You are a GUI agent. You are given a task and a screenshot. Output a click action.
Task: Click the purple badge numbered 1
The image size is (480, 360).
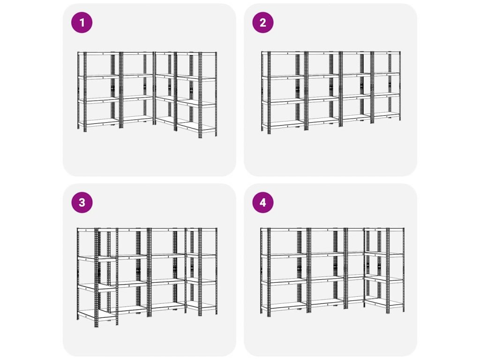[82, 22]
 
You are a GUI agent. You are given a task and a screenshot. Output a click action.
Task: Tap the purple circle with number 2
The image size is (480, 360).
[263, 22]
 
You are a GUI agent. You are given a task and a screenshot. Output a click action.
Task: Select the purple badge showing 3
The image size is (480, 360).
[82, 202]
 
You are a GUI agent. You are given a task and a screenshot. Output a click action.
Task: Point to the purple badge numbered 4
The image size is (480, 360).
[263, 202]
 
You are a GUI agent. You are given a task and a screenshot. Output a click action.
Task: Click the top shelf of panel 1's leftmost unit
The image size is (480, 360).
[98, 53]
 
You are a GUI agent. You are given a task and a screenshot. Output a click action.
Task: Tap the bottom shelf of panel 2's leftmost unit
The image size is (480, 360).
[283, 124]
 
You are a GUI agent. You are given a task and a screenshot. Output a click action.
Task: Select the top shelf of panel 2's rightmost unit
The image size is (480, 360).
[387, 53]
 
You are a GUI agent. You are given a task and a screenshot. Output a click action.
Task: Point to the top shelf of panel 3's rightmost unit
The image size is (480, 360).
[202, 229]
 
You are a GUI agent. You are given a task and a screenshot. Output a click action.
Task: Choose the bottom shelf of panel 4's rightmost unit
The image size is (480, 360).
[384, 303]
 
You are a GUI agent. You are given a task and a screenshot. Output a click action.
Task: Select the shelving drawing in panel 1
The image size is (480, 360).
[147, 95]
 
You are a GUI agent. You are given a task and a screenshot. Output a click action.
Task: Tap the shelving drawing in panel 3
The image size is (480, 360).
[147, 277]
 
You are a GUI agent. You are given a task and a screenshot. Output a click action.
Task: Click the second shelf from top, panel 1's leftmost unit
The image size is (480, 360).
[98, 76]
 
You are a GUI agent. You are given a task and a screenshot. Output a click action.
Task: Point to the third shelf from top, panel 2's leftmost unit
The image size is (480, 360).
[283, 101]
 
